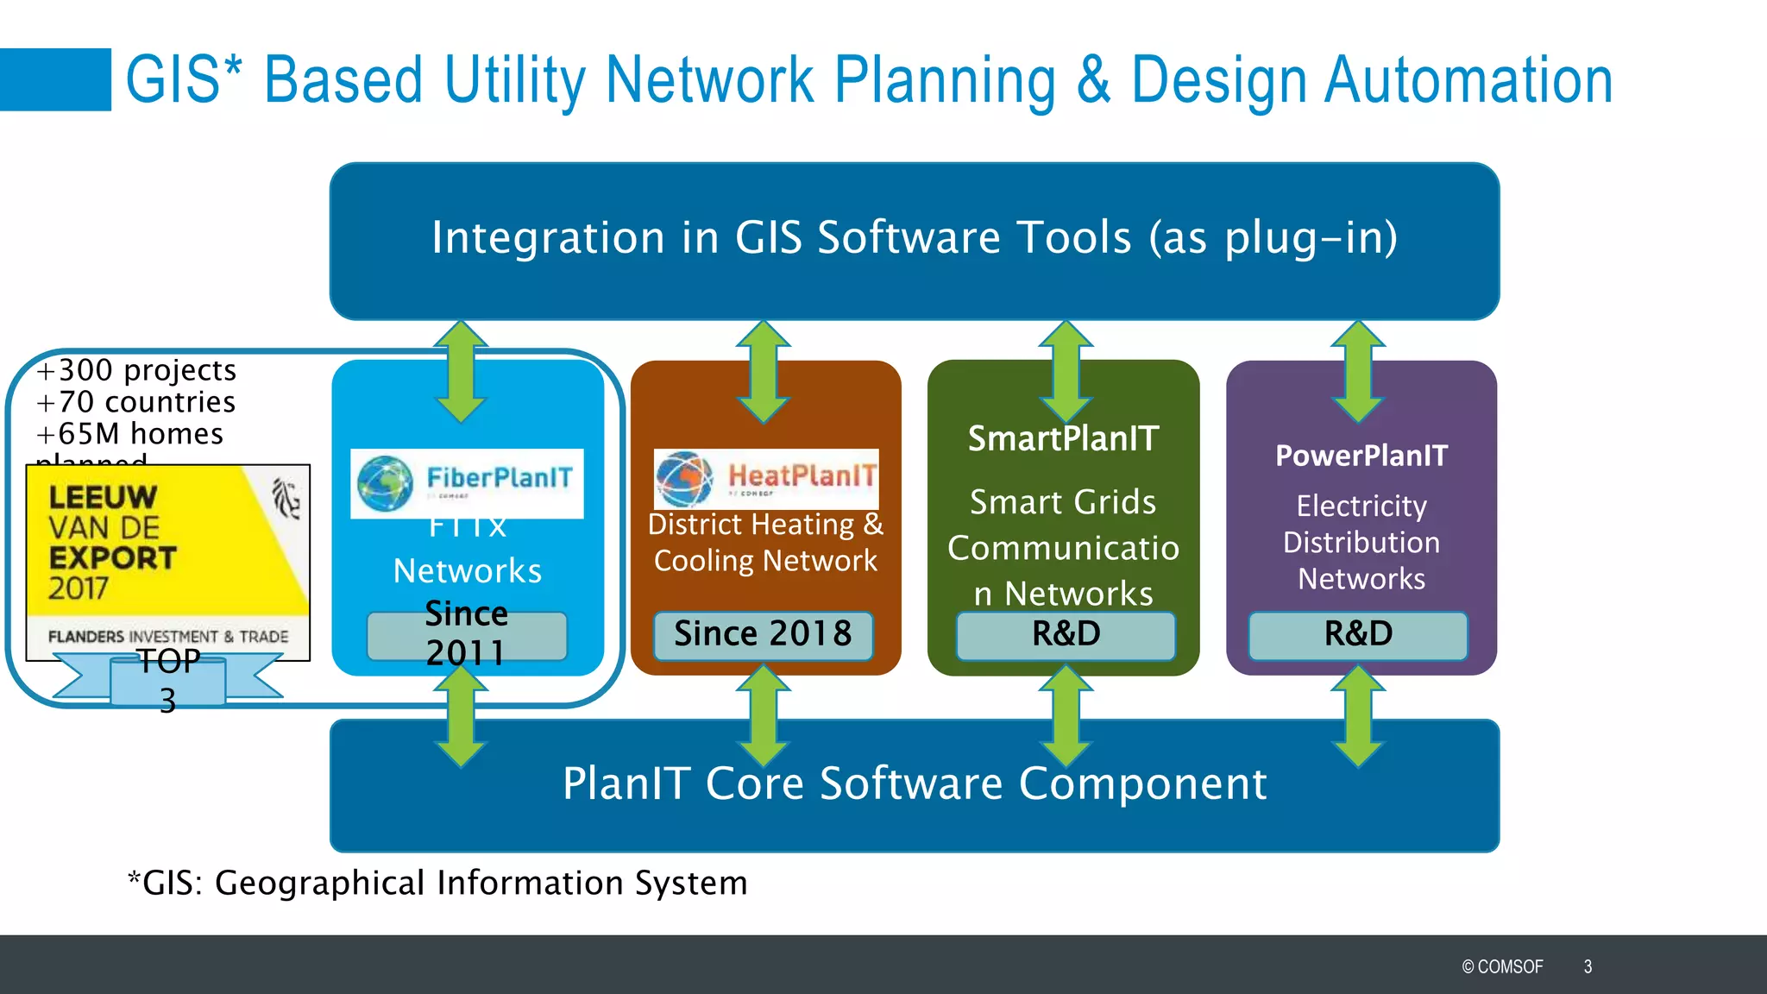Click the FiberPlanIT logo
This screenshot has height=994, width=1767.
(x=467, y=483)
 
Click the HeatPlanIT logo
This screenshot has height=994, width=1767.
(x=766, y=478)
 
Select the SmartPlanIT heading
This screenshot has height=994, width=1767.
(x=1063, y=438)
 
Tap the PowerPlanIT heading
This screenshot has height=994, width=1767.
(x=1361, y=456)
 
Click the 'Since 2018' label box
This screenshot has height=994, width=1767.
(x=763, y=634)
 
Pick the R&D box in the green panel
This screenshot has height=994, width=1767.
(x=1066, y=634)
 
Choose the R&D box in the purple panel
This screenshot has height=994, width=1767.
(x=1358, y=634)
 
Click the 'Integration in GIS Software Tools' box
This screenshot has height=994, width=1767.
(x=915, y=239)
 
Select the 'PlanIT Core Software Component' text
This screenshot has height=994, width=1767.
(x=915, y=783)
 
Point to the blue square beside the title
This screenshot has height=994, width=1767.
(x=55, y=79)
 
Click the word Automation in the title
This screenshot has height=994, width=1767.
(x=1468, y=80)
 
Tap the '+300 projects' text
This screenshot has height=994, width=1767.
(x=136, y=370)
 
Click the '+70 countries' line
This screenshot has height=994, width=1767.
(x=136, y=402)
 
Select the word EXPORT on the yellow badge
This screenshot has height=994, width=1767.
(x=112, y=558)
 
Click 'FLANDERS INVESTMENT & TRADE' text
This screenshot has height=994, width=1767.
(x=168, y=637)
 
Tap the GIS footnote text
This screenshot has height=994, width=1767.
(x=438, y=883)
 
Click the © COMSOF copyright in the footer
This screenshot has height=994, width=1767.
(x=1502, y=966)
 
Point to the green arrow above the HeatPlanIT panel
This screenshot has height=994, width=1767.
(x=764, y=371)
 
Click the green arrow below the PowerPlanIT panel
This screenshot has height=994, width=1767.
(x=1358, y=716)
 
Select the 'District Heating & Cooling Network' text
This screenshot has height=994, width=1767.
(x=765, y=543)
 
